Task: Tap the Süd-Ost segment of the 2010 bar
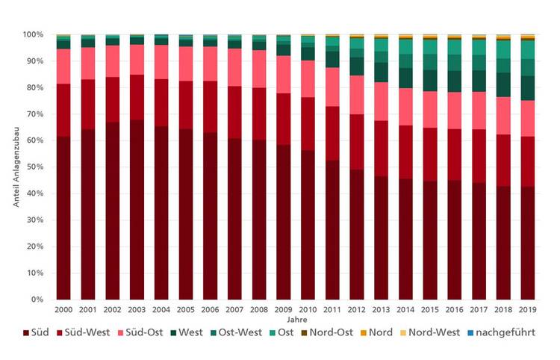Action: coord(308,79)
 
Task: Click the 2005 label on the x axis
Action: coord(185,308)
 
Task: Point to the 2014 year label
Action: coord(405,308)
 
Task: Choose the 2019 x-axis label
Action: coord(528,308)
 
